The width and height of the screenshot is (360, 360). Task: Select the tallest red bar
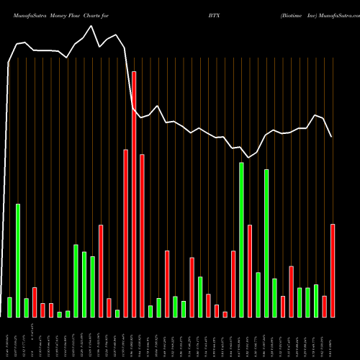point(134,194)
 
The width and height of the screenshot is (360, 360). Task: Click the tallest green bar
point(241,240)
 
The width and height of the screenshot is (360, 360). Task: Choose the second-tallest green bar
point(266,243)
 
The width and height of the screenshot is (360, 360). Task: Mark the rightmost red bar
point(333,271)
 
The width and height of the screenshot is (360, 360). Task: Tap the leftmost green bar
point(9,307)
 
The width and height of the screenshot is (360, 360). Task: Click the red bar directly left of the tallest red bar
point(126,233)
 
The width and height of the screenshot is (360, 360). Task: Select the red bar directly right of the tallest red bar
point(143,236)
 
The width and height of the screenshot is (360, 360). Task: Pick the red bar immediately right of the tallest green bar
point(250,271)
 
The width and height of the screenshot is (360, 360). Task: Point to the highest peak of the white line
point(91,26)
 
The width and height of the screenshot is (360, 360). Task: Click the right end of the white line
point(331,137)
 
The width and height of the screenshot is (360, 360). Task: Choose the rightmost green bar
point(316,301)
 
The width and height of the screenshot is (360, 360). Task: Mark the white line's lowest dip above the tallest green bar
point(249,158)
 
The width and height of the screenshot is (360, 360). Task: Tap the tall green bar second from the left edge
point(18,261)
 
